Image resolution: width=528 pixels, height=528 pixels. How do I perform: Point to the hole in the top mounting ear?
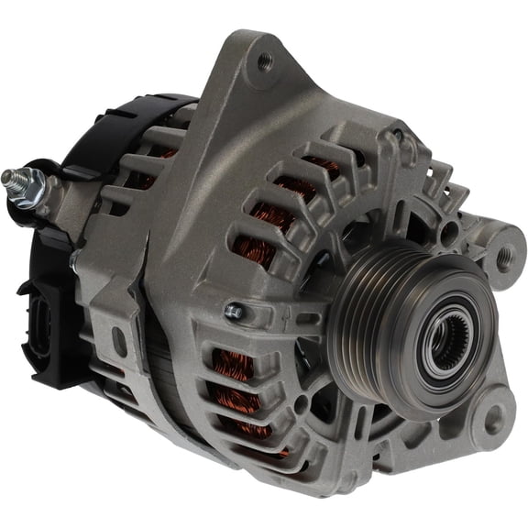(x=265, y=61)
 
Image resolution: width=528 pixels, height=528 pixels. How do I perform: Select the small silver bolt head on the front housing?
(x=235, y=312)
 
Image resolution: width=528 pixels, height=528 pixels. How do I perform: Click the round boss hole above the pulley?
(x=397, y=138)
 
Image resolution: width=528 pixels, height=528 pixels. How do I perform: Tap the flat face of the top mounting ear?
(x=247, y=101)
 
